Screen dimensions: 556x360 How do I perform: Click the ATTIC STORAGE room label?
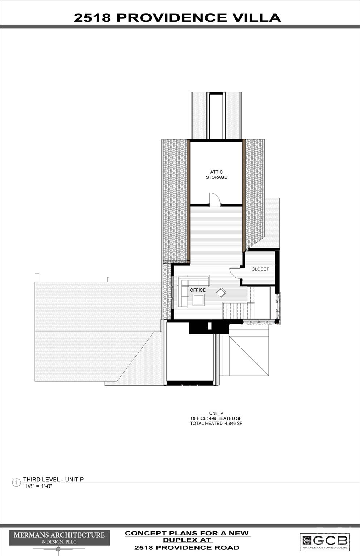tap(216, 175)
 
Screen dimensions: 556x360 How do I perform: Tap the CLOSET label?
tap(260, 269)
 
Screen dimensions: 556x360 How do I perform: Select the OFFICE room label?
tap(197, 290)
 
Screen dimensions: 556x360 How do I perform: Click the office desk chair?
tap(220, 292)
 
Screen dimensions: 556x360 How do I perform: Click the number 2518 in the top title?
tap(92, 18)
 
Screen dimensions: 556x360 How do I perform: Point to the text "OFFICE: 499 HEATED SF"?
tap(216, 418)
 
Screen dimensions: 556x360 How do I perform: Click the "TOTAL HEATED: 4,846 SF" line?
tap(216, 423)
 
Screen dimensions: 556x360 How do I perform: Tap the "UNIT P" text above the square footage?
tap(216, 413)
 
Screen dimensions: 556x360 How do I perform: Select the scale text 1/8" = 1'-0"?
tap(38, 486)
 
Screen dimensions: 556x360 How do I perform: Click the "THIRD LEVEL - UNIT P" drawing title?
tap(53, 479)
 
